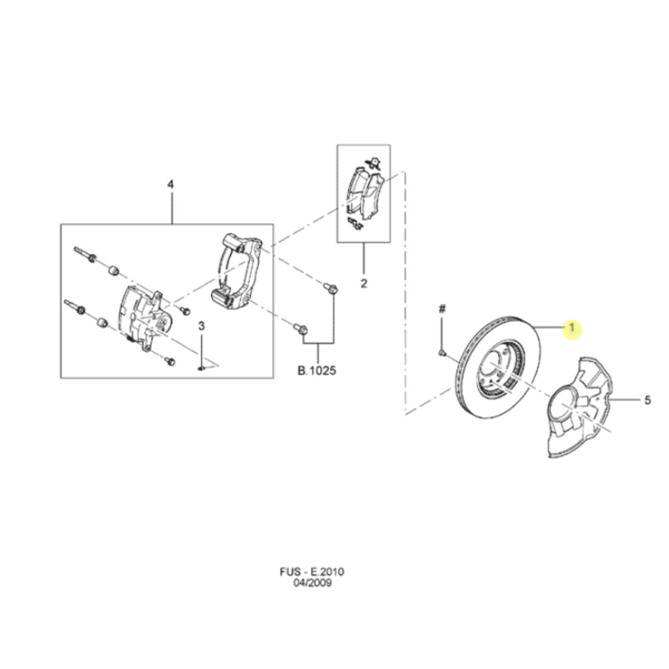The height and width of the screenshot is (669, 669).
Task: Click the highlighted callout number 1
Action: point(571,327)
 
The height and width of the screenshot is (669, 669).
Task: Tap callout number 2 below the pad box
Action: point(363,284)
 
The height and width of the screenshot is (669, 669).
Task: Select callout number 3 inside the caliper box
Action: point(201,326)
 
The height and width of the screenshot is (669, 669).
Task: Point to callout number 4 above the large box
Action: point(171,185)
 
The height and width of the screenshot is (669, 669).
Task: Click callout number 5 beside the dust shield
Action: point(647,400)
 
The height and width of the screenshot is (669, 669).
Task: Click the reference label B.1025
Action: point(317,370)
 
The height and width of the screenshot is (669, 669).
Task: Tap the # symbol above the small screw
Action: point(442,309)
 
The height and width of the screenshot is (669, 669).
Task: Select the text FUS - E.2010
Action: point(312,571)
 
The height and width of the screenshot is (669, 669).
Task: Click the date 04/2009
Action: point(312,583)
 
